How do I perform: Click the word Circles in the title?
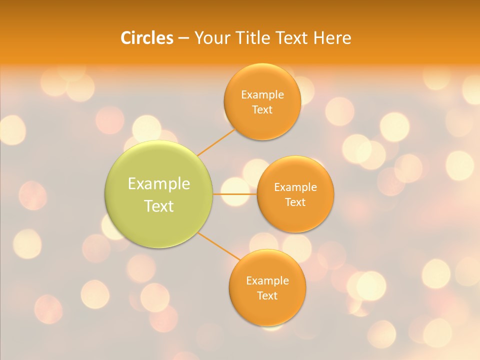(146, 38)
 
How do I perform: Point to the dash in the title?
(183, 38)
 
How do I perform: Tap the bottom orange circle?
(267, 310)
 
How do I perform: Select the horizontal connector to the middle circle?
(234, 194)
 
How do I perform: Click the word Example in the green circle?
(159, 184)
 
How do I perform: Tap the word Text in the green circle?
(159, 206)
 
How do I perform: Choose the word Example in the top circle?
(262, 94)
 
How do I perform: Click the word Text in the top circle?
(262, 109)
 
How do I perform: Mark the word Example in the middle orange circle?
(295, 187)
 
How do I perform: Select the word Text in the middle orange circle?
(295, 202)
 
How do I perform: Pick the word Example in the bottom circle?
(267, 280)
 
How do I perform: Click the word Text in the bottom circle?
(267, 295)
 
